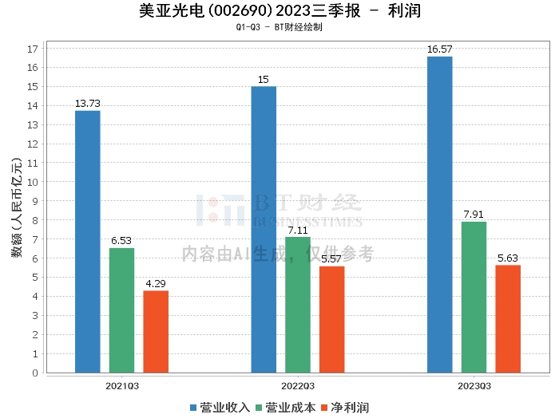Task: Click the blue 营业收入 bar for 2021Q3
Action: click(87, 241)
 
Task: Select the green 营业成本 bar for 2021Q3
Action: click(121, 310)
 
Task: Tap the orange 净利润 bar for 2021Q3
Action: click(156, 331)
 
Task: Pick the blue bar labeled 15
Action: click(264, 229)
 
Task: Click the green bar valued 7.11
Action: click(298, 305)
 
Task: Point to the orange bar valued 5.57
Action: click(332, 319)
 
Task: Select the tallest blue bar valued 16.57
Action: click(439, 214)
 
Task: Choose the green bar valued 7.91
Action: click(474, 297)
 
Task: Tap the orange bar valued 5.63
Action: click(508, 318)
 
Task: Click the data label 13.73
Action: click(87, 104)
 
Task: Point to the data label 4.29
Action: click(156, 284)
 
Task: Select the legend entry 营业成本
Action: click(287, 408)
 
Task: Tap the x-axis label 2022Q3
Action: click(298, 384)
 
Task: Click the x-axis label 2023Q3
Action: click(474, 384)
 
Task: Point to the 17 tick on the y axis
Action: click(33, 49)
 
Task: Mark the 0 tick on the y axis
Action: click(35, 373)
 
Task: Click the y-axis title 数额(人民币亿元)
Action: click(16, 211)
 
